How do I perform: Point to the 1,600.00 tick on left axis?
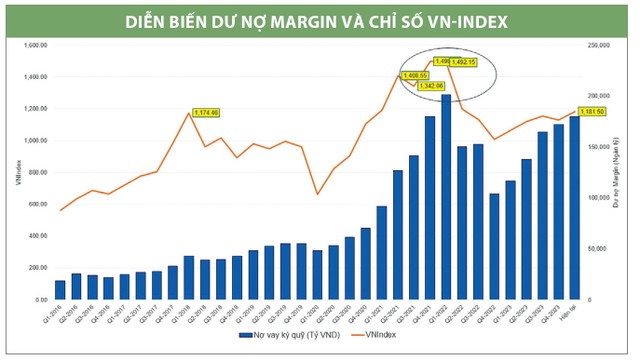click(35, 45)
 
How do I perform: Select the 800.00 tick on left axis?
click(37, 172)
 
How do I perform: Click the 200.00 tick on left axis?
click(37, 268)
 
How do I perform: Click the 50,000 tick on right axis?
click(597, 249)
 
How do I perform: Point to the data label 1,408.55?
click(415, 75)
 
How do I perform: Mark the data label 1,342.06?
click(431, 86)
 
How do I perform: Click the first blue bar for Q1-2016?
click(60, 290)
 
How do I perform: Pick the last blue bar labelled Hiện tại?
click(574, 208)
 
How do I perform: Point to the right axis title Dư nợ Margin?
click(619, 172)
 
